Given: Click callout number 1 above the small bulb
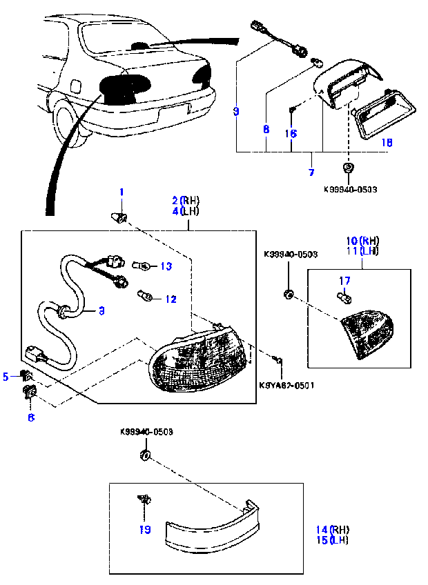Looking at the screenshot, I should coord(121,191).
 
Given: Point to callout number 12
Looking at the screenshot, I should coord(171,299).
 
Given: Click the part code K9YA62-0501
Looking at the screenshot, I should coord(286,385).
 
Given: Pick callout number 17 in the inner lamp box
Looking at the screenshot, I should coord(344,280).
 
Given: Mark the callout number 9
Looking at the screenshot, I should coord(236,110).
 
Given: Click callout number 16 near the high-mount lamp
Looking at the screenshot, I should coord(291,134).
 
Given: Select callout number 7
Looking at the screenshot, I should coord(311,172).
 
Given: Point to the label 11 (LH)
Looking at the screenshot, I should coord(362,252).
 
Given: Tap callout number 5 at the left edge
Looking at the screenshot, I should coord(6,376).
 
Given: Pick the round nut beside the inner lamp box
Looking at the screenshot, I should coord(288,295).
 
